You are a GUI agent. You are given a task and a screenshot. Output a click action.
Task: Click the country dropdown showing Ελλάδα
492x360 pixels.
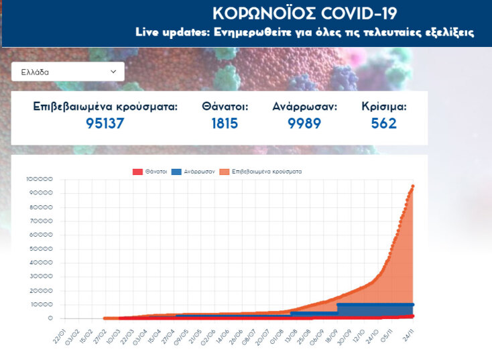(67, 71)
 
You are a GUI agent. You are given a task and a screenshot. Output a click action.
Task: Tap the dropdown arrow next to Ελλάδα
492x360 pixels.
(113, 71)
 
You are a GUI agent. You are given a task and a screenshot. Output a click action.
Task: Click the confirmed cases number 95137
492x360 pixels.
(105, 123)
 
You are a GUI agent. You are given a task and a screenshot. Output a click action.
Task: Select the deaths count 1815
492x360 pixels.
(225, 123)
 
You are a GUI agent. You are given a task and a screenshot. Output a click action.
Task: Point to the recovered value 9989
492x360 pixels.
(304, 123)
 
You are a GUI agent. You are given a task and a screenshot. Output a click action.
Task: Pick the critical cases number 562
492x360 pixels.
(384, 123)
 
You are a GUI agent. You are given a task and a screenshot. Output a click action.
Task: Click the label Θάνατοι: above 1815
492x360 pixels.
(225, 107)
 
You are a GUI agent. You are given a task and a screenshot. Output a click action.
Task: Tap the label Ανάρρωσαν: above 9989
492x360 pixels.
(304, 107)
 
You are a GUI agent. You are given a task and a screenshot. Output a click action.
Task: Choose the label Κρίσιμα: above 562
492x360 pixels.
(384, 107)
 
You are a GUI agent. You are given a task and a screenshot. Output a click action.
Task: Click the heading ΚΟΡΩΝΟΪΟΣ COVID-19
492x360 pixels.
(304, 13)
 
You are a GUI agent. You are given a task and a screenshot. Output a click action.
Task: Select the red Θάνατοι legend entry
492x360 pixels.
(151, 172)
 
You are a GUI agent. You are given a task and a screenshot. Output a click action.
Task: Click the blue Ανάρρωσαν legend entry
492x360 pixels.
(194, 172)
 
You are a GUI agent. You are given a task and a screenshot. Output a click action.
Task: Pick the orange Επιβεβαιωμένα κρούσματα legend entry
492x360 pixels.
(262, 172)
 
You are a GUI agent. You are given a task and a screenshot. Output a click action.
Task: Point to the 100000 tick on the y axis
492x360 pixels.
(39, 179)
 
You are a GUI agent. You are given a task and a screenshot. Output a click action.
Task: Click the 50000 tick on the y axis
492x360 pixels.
(40, 249)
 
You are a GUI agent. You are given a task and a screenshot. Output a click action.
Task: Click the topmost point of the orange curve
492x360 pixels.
(413, 186)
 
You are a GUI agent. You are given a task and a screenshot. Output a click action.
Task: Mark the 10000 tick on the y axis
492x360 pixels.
(40, 304)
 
